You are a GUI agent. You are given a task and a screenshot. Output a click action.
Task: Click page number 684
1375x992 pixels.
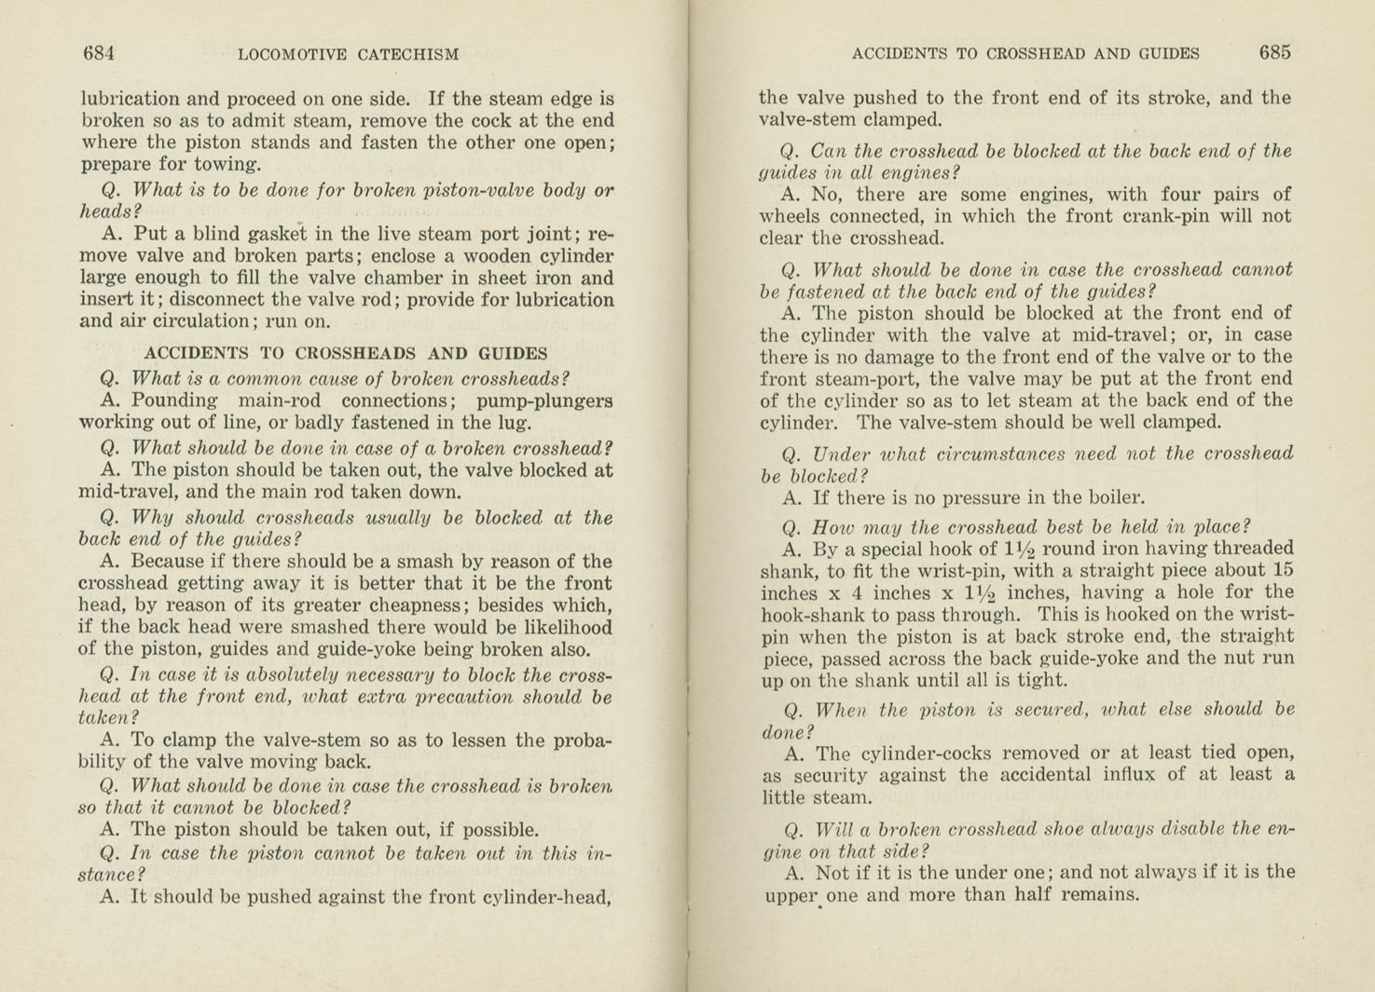pos(99,53)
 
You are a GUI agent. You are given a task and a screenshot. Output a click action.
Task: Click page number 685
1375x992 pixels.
pos(1274,53)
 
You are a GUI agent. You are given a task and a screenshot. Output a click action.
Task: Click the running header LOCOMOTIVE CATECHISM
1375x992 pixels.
pos(348,54)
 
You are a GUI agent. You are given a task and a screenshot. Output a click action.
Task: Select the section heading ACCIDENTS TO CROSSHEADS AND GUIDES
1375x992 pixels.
pos(345,353)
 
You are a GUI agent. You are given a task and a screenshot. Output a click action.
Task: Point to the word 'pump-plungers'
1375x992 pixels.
pos(544,401)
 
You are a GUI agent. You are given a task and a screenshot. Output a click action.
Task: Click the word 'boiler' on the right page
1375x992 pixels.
pos(1113,497)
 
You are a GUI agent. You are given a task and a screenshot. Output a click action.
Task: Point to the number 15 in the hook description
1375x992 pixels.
pos(1282,571)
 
